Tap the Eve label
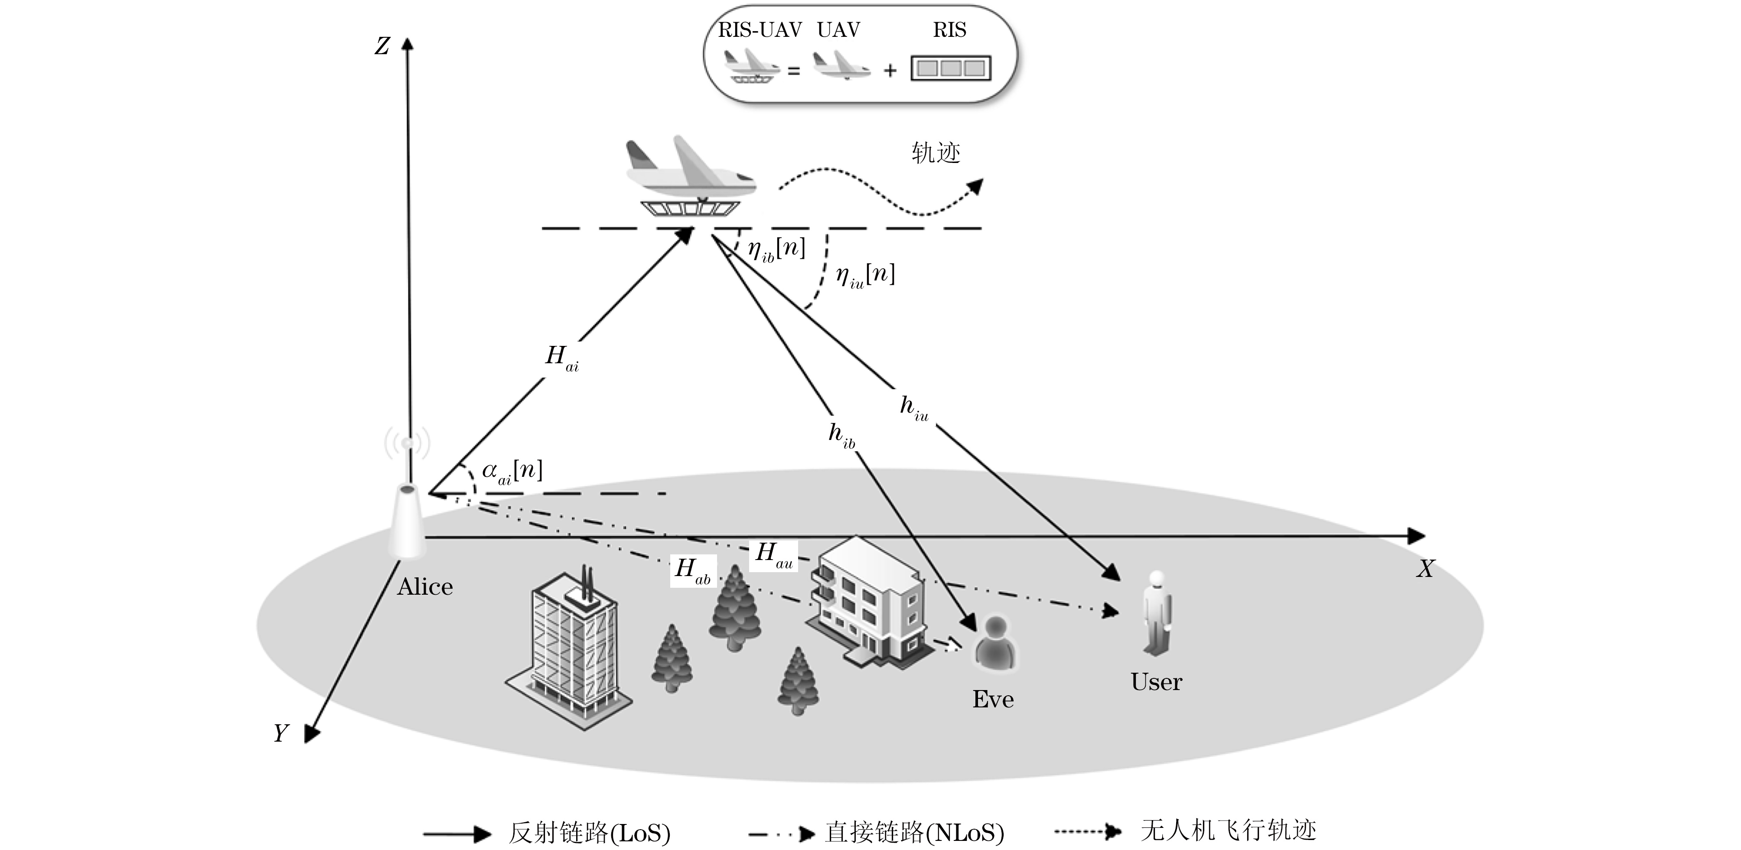coord(993,699)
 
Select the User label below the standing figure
coord(1156,682)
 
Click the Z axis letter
coord(382,46)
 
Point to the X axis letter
coord(1425,568)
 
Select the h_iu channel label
coord(914,408)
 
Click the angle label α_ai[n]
coord(512,471)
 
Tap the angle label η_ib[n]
coord(776,249)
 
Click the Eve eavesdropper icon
coord(995,644)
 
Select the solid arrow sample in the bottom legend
coord(457,834)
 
